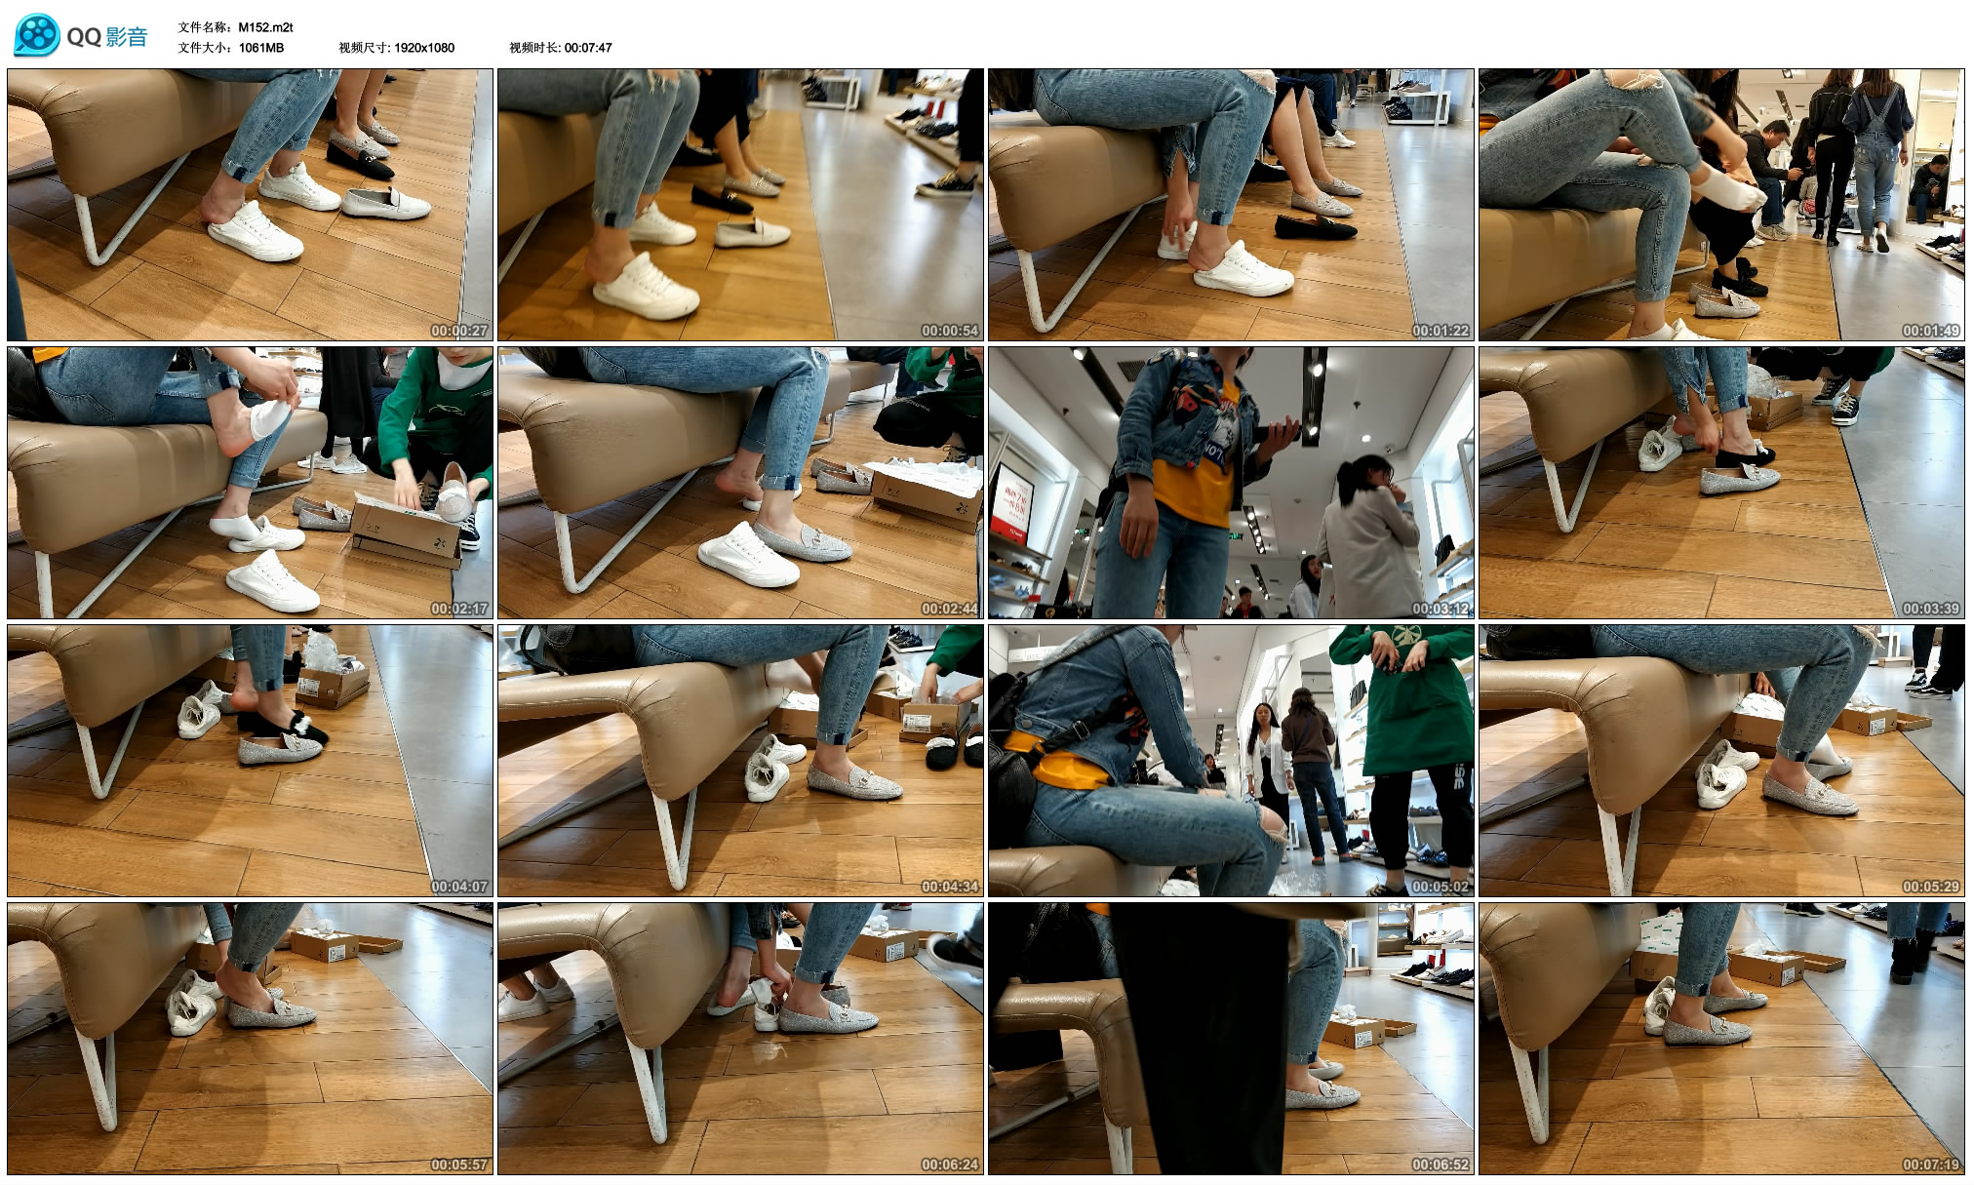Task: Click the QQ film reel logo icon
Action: pos(37,36)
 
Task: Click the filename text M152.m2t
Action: pos(265,27)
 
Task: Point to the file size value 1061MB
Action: pos(261,47)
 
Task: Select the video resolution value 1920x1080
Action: pos(424,47)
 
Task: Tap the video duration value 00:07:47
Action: pos(588,47)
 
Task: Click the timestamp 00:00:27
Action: pos(459,331)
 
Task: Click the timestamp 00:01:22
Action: pos(1441,331)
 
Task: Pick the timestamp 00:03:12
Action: pos(1441,609)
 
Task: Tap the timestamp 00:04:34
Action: pos(950,887)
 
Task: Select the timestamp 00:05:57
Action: pos(459,1165)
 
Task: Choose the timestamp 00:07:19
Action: pos(1931,1165)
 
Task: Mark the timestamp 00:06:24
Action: pos(950,1165)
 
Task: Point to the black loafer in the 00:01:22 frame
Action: pos(1316,227)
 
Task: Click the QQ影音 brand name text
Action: pos(107,37)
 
